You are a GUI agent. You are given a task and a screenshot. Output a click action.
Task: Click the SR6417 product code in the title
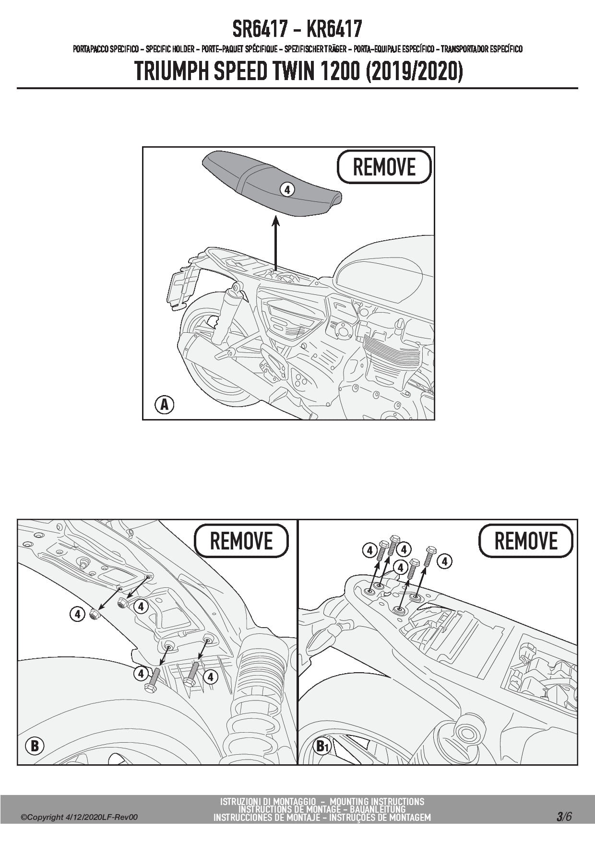[x=260, y=29]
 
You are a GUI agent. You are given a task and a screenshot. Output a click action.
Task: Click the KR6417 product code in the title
[x=334, y=29]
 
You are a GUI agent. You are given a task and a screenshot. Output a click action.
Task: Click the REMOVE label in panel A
[x=384, y=167]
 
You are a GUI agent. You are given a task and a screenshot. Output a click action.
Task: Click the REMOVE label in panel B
[x=241, y=541]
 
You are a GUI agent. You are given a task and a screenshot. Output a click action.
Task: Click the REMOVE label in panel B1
[x=526, y=541]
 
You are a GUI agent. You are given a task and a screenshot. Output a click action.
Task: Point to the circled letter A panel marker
[x=164, y=405]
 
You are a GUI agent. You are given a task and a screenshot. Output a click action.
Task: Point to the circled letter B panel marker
[x=35, y=746]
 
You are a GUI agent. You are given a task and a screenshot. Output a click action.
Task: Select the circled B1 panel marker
[x=321, y=746]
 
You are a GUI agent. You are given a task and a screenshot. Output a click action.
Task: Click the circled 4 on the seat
[x=286, y=189]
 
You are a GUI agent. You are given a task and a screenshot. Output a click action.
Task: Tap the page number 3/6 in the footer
[x=564, y=817]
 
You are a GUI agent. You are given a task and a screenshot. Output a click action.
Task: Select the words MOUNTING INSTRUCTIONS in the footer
[x=377, y=801]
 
